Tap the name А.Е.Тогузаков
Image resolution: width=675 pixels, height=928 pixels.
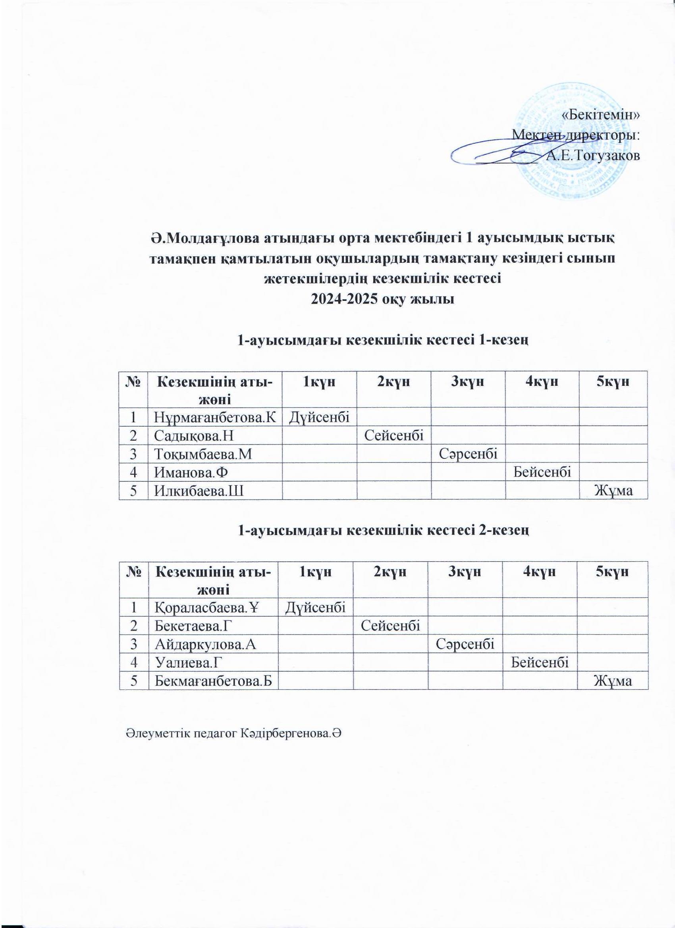pos(593,156)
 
